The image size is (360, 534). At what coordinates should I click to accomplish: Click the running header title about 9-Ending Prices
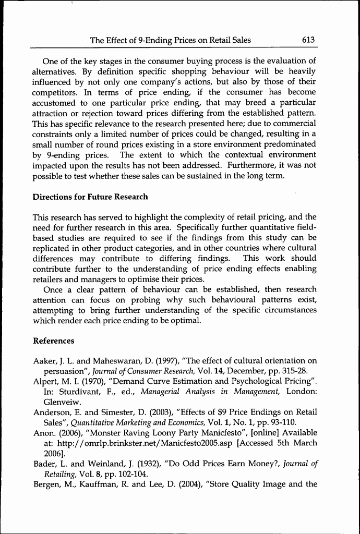point(170,40)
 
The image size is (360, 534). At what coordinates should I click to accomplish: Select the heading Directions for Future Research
point(90,197)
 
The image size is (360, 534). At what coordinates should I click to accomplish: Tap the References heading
point(54,341)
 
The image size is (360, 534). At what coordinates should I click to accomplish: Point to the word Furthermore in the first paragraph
point(246,166)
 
